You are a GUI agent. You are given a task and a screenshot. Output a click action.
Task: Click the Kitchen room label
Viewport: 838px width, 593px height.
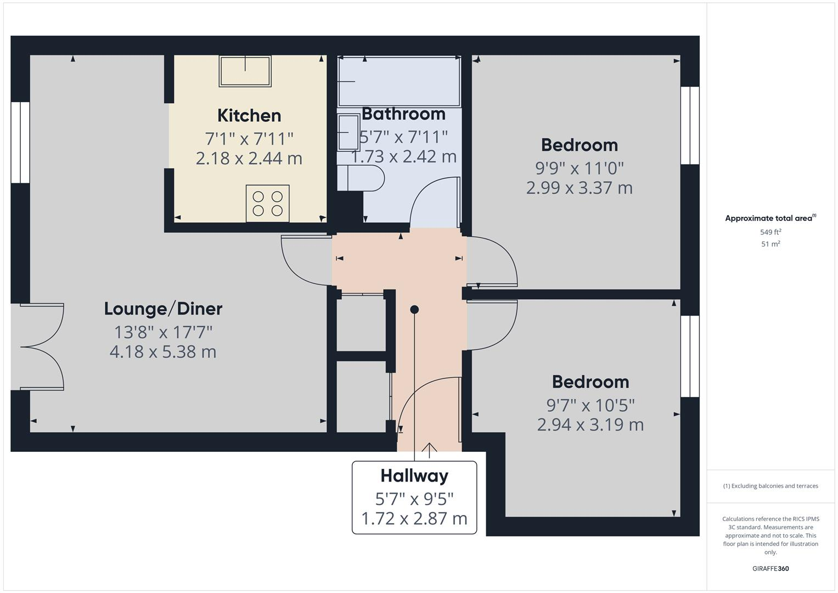[x=249, y=115]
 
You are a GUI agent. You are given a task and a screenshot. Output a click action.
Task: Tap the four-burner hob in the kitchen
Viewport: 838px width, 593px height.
[x=267, y=203]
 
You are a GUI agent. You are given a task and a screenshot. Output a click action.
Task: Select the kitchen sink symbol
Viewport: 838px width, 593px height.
[x=245, y=71]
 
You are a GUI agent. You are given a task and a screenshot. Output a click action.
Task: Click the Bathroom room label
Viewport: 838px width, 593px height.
[x=403, y=114]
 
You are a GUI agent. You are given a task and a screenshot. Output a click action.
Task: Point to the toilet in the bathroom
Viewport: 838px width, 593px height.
[x=362, y=178]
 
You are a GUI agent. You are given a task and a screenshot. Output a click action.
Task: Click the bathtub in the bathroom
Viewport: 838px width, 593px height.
[x=399, y=81]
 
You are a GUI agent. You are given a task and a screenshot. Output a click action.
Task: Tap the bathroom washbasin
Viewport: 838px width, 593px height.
[x=348, y=132]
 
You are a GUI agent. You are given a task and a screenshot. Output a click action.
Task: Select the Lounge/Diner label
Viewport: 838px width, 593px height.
[x=163, y=309]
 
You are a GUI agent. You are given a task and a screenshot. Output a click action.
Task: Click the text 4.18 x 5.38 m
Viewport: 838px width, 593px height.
[x=163, y=351]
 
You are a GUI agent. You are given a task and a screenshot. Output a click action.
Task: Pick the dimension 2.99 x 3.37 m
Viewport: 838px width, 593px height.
[x=579, y=188]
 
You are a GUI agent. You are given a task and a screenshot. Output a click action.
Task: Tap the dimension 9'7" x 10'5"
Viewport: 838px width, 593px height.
[x=590, y=405]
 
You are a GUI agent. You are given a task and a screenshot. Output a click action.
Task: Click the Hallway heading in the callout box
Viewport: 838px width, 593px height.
[x=414, y=475]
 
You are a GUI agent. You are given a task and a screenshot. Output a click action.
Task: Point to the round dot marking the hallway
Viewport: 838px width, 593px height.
[x=414, y=310]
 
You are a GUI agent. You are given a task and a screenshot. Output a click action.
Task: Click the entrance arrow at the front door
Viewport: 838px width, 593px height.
[x=429, y=450]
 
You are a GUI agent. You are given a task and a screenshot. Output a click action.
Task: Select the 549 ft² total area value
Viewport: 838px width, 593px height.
[x=770, y=232]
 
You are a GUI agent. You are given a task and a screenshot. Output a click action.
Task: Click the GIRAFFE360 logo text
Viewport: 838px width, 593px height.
[x=770, y=568]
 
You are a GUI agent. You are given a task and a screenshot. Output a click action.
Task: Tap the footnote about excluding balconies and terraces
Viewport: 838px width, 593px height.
[x=770, y=486]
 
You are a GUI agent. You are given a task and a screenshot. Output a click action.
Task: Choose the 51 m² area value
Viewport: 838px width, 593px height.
[x=770, y=244]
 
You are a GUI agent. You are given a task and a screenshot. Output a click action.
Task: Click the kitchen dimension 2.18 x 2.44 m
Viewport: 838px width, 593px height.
[x=249, y=158]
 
